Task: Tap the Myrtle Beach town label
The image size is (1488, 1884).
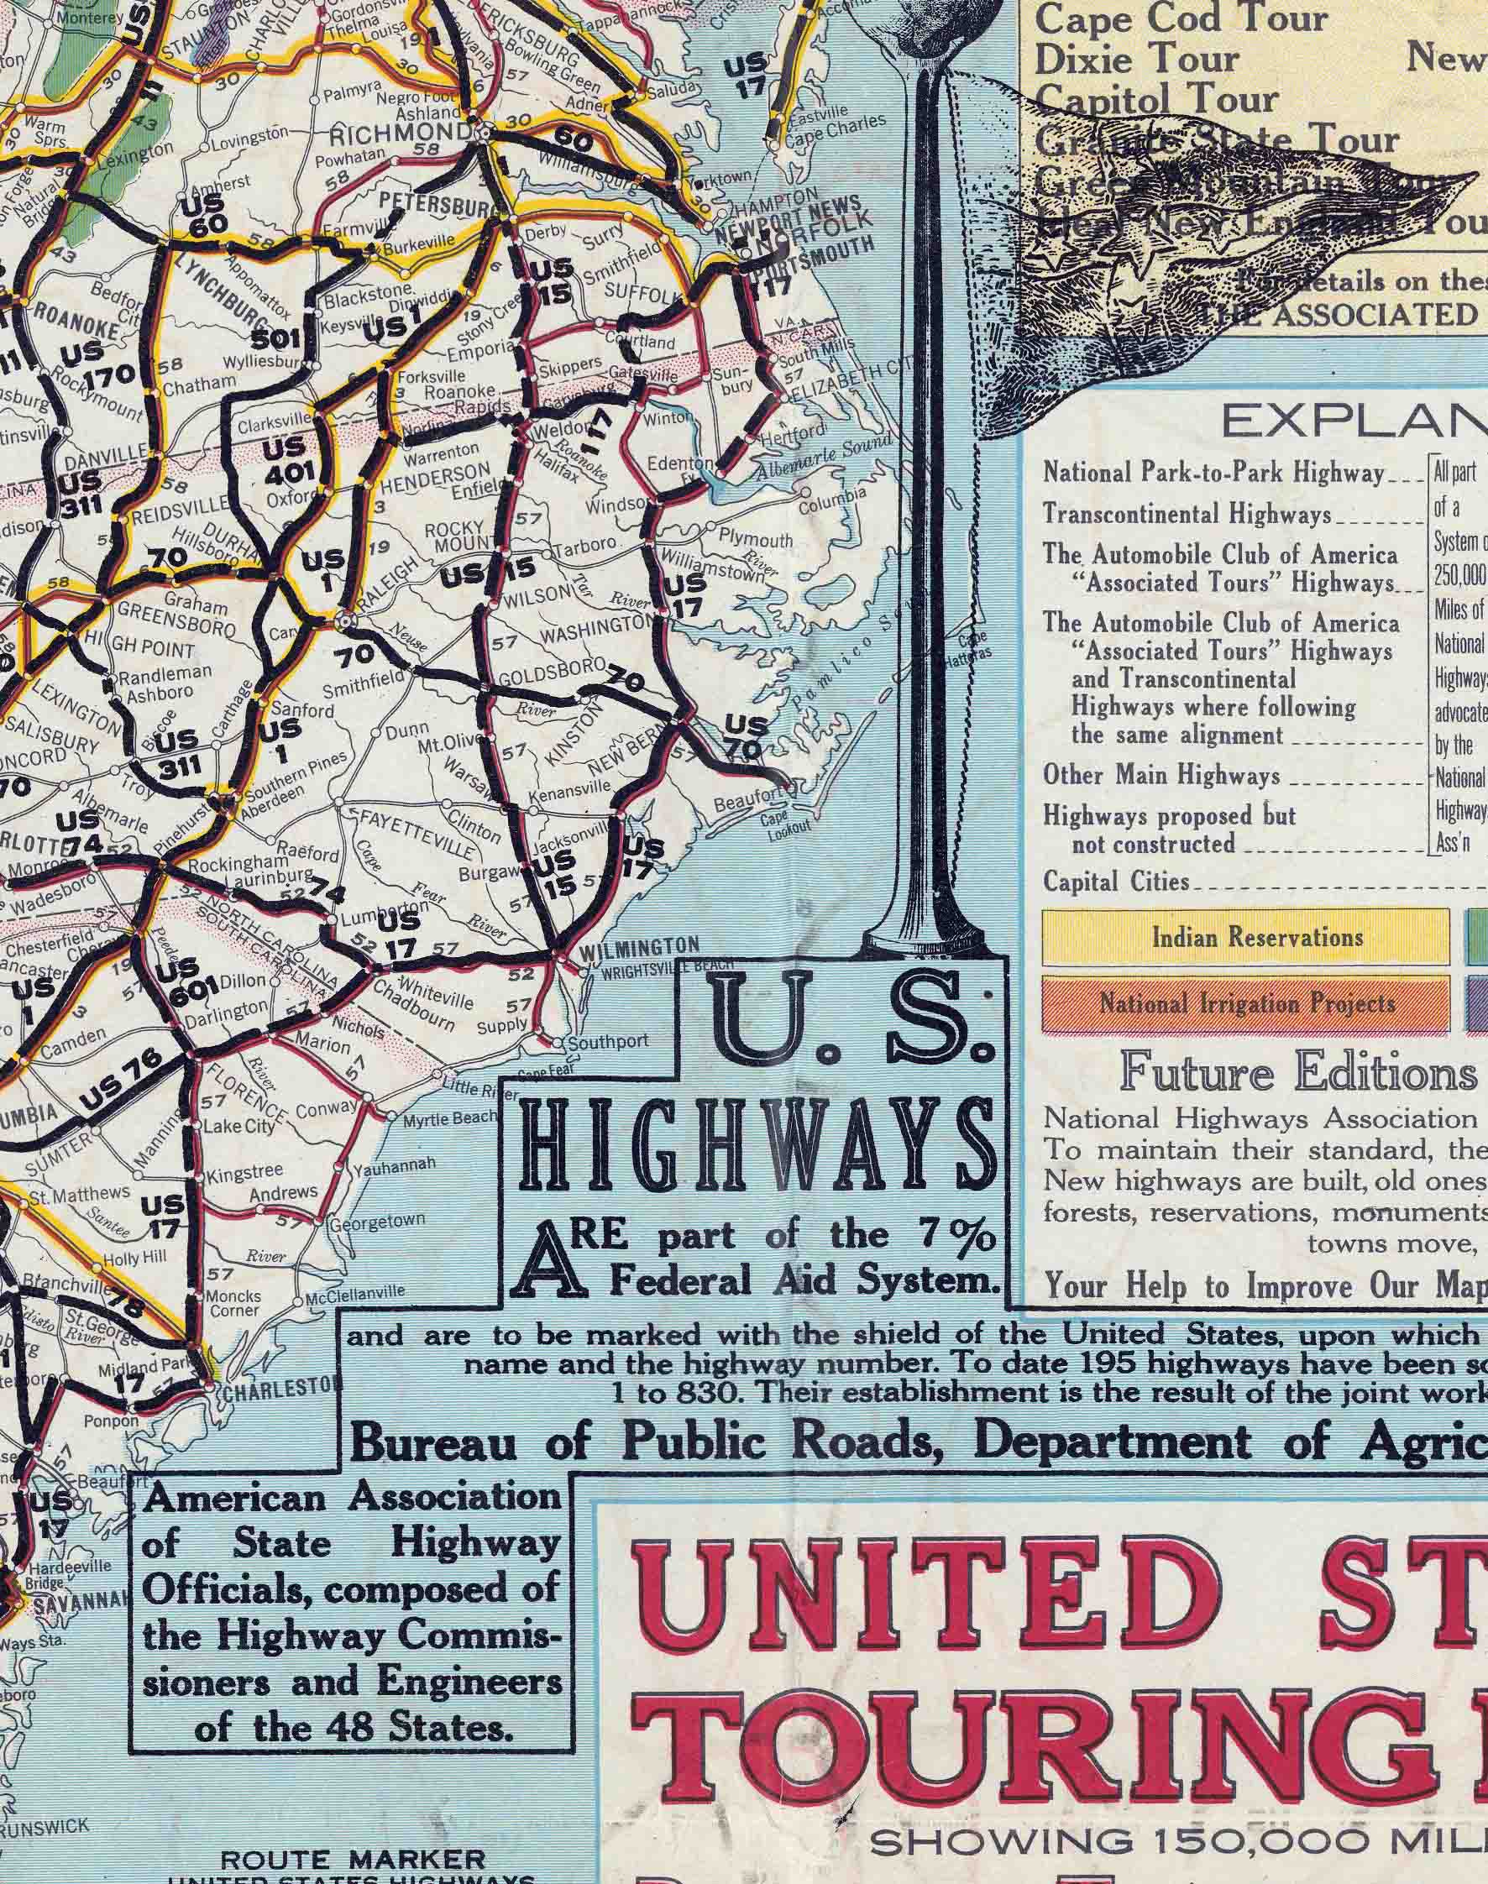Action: (449, 1117)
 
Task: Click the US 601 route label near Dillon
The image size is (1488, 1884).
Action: (186, 978)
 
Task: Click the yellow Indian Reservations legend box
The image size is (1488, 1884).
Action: (1246, 937)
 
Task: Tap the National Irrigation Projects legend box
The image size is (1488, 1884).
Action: (1246, 1004)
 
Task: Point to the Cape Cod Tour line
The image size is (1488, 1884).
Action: (1181, 18)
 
